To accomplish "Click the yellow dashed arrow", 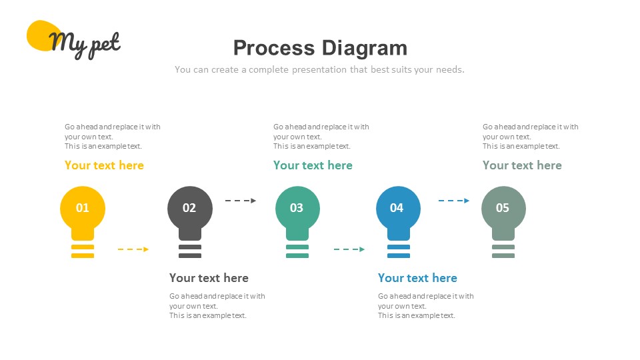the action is (x=133, y=249).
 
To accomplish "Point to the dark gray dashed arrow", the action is (x=241, y=201).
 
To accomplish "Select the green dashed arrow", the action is (x=349, y=249).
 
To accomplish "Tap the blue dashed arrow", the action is (x=454, y=201).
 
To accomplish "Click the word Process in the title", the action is (x=274, y=48).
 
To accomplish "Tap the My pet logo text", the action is (x=85, y=44).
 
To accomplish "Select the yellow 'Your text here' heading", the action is (x=104, y=165).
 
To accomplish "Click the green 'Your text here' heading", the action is (x=313, y=165).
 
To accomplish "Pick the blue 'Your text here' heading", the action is (x=417, y=278).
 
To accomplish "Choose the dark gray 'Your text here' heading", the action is (x=209, y=278).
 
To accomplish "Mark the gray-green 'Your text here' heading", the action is (x=522, y=165).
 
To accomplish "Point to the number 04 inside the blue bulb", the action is (x=396, y=208).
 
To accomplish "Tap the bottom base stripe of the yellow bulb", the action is (x=83, y=256).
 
